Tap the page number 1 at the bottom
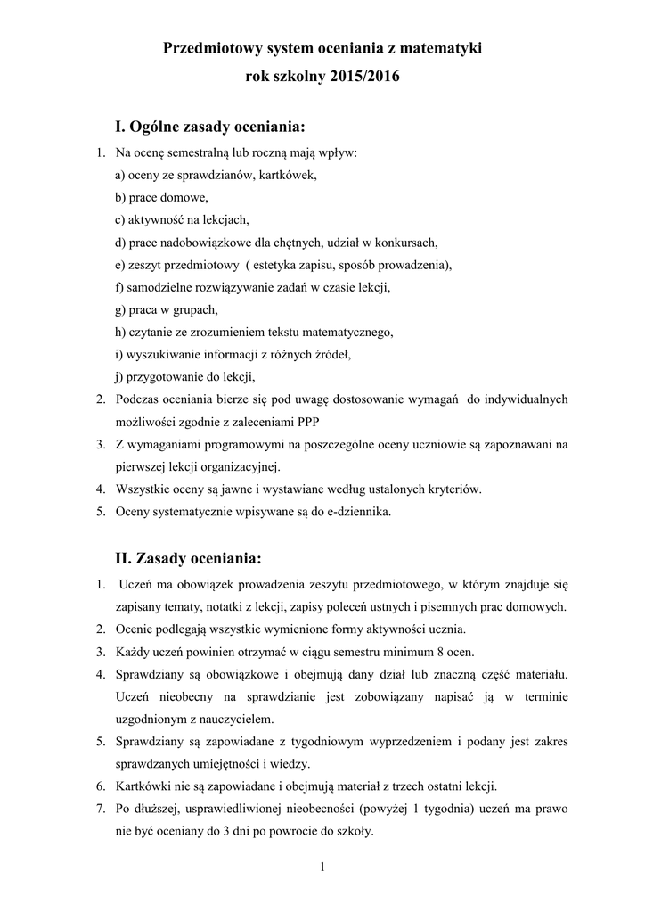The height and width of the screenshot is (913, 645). pyautogui.click(x=322, y=868)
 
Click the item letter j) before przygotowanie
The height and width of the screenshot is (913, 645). pyautogui.click(x=120, y=376)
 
